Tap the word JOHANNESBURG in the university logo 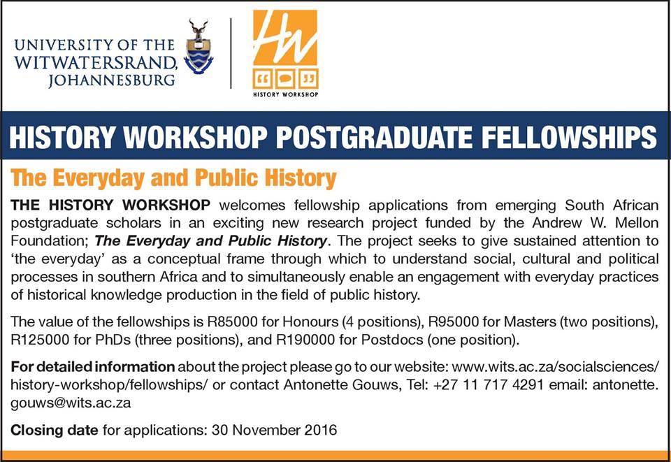click(x=112, y=80)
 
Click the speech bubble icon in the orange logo click(x=285, y=79)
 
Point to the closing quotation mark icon click(x=308, y=79)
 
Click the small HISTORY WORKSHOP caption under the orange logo click(x=285, y=94)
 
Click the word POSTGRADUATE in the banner click(x=375, y=136)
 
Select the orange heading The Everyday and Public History click(x=174, y=178)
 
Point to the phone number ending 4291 click(x=489, y=384)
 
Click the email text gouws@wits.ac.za click(x=71, y=403)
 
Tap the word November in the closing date click(x=266, y=429)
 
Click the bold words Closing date click(x=55, y=429)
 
